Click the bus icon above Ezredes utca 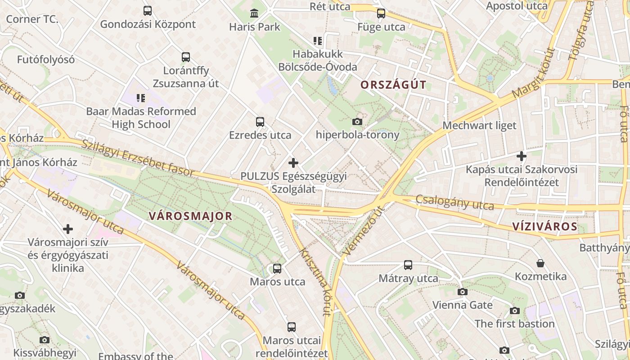[x=260, y=121]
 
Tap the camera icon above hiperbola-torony [x=357, y=121]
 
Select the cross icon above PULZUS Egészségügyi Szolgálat [x=293, y=162]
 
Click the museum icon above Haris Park [x=254, y=13]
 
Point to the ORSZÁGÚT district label [x=393, y=85]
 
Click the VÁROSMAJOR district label [x=190, y=216]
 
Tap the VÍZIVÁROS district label [x=544, y=226]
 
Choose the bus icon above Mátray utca [x=408, y=265]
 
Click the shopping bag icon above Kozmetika [x=540, y=263]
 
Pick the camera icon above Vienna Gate [x=462, y=292]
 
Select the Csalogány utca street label [x=454, y=202]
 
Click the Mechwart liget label [x=479, y=126]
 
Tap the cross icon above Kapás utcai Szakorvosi [x=522, y=156]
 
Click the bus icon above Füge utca [x=381, y=13]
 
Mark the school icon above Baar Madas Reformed [x=141, y=98]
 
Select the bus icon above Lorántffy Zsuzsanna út [x=186, y=57]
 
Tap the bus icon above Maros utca [x=277, y=269]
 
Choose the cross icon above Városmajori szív [x=68, y=229]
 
